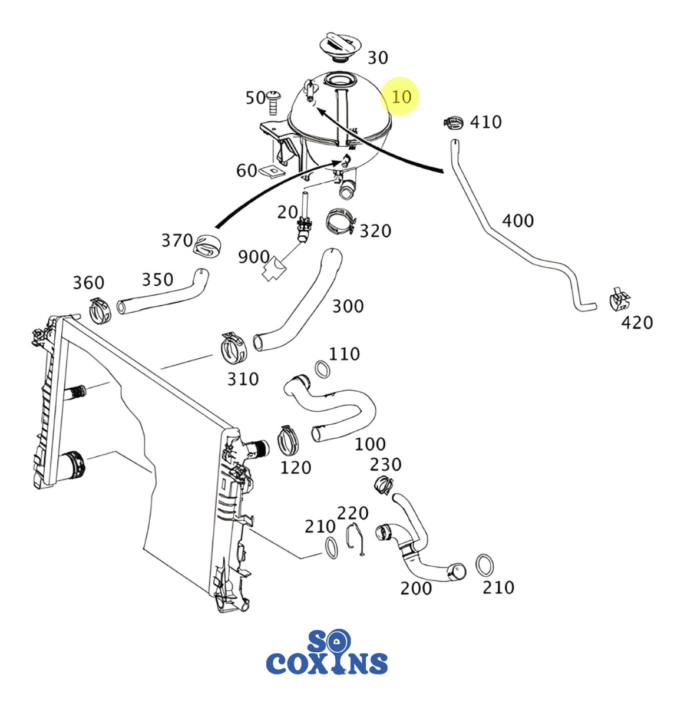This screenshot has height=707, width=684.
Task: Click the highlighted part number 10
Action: (x=401, y=96)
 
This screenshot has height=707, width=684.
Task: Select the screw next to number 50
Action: (x=273, y=103)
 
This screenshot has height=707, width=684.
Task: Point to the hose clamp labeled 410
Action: (x=452, y=122)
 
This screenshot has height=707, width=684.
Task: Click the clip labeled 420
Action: (x=618, y=299)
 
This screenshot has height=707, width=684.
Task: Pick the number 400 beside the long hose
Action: (x=518, y=221)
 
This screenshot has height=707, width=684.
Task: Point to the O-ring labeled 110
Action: (x=322, y=369)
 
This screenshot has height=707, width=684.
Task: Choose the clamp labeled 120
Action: (x=288, y=440)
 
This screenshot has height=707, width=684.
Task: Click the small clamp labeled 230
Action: (x=384, y=485)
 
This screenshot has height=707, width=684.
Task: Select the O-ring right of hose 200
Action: (x=484, y=566)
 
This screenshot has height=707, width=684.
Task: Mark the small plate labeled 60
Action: (x=270, y=171)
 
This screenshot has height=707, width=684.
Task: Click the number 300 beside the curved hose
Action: (x=348, y=306)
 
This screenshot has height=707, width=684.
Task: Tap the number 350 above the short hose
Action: (x=157, y=279)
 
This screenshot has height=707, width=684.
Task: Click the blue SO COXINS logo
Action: (x=327, y=653)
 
